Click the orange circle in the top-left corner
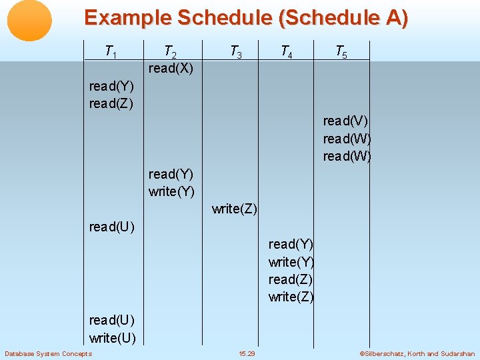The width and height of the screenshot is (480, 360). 29,21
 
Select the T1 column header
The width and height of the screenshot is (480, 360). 111,51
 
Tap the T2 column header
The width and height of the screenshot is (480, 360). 170,51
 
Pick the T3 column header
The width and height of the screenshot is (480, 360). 235,51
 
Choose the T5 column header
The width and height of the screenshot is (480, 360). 340,51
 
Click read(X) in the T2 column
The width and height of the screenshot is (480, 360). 171,69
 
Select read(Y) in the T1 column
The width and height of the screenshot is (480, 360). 111,86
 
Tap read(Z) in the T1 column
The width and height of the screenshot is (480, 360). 111,103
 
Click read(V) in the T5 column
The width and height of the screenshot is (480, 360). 345,121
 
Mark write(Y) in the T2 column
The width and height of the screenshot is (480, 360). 171,191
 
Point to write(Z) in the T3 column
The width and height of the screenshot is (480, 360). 235,209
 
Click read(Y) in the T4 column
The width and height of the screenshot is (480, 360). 291,244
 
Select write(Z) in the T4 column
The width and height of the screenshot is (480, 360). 291,297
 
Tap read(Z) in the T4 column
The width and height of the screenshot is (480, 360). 291,279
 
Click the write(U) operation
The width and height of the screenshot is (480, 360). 112,338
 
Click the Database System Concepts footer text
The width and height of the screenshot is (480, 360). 48,353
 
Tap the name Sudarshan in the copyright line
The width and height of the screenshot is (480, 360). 457,353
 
